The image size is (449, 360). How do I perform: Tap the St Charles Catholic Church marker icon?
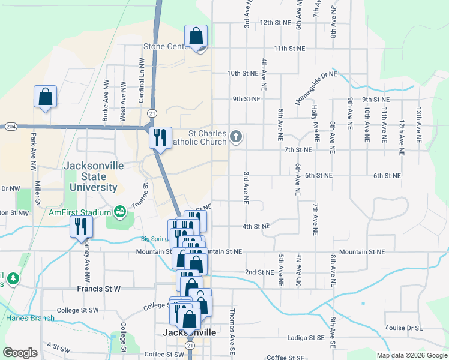[x=236, y=138]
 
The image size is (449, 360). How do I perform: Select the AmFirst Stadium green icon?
[x=119, y=212]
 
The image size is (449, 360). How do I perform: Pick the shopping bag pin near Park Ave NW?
[x=46, y=97]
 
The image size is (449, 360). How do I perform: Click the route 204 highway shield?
[x=10, y=127]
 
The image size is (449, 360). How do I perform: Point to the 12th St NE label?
[x=275, y=22]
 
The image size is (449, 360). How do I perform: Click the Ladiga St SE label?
[x=305, y=338]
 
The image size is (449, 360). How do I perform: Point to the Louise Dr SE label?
[x=405, y=328]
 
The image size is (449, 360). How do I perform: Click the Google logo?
[x=20, y=353]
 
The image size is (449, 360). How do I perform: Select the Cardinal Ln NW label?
[x=142, y=80]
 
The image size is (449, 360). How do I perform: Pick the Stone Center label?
[x=166, y=47]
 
